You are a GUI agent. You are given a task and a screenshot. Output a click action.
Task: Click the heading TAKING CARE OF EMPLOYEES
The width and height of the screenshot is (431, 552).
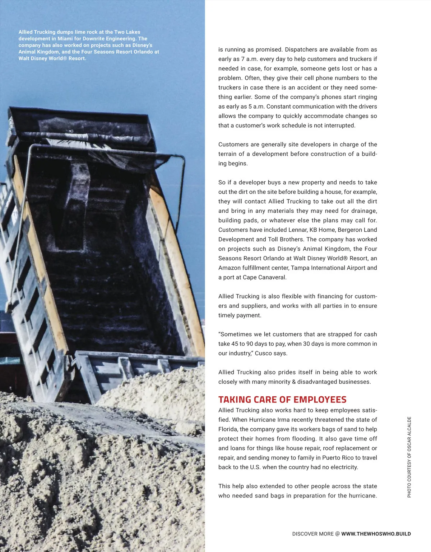tap(282, 400)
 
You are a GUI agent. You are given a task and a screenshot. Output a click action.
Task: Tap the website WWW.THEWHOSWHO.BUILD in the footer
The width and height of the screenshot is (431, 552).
tap(376, 534)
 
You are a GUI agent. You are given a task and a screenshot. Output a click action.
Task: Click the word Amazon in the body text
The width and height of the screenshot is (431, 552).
tap(230, 268)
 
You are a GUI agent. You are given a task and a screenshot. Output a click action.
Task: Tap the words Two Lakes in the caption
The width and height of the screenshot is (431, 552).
tap(127, 32)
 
